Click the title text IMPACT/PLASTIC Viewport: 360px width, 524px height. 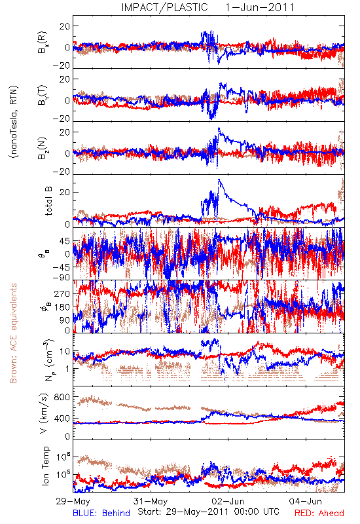coord(164,7)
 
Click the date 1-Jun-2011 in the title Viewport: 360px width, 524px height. coord(260,7)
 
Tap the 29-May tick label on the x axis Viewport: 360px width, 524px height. coord(73,501)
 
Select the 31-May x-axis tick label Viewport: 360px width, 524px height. coord(151,501)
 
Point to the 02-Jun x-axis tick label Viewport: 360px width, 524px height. coord(228,501)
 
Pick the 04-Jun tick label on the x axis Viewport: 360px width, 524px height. coord(306,501)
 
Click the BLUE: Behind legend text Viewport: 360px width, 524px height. coord(101,513)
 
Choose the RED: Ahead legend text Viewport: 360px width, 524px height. coord(319,513)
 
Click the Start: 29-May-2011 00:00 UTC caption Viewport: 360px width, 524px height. coord(208,512)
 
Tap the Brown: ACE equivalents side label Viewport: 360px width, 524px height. coord(13,333)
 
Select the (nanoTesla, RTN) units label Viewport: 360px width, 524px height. coord(14,122)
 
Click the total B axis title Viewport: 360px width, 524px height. coord(48,201)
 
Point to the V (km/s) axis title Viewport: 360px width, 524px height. coord(44,414)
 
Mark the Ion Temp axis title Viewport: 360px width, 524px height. coord(45,466)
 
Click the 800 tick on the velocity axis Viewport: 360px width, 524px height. coord(62,397)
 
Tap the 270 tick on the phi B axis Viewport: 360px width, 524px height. coord(62,293)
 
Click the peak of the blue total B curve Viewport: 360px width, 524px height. coord(219,179)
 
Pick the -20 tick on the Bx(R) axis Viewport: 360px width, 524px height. coord(62,65)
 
